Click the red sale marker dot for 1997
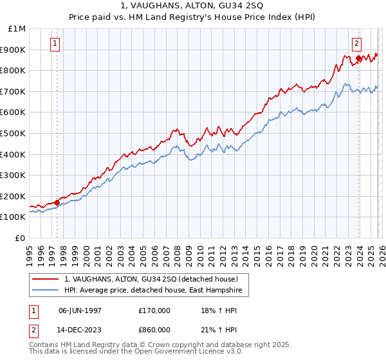[57, 203]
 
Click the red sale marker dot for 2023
[358, 59]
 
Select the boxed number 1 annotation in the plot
[55, 44]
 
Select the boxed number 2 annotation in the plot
[356, 44]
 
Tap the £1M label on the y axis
[17, 29]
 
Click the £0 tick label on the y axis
[21, 239]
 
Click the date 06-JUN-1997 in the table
[80, 310]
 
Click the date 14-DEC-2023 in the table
[80, 329]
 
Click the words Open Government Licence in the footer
[178, 353]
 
